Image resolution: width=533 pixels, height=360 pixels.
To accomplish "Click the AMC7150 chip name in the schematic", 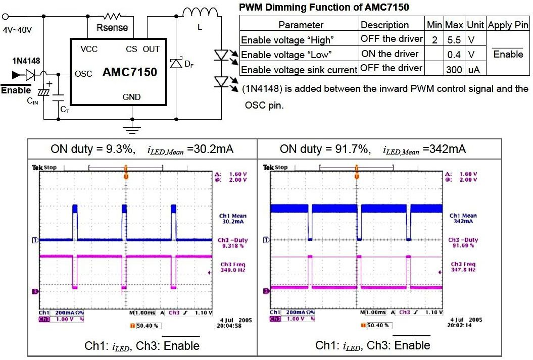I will [130, 73].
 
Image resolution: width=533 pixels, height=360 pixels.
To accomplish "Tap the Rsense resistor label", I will [112, 27].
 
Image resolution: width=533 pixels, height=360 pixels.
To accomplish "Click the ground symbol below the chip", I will [132, 129].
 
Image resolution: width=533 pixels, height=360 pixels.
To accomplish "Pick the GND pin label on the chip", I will [131, 97].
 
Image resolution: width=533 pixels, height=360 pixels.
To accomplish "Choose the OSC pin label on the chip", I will [83, 74].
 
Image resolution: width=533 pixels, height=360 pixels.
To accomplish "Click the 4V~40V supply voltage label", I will [17, 30].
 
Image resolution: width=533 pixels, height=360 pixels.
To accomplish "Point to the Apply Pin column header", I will [508, 25].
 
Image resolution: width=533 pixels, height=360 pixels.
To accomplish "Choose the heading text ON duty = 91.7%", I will [325, 149].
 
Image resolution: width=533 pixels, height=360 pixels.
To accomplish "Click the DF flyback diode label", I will [188, 64].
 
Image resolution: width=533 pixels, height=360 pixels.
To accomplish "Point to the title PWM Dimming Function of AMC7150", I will [324, 7].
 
